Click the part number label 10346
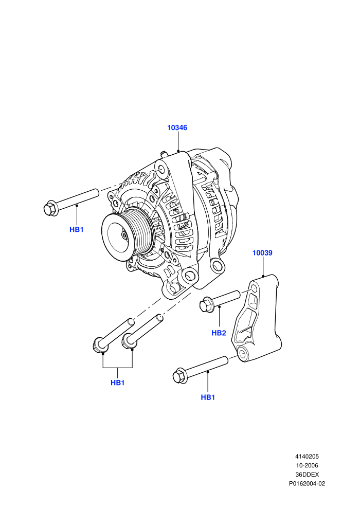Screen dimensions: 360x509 [x=177, y=128]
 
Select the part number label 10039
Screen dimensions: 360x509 [x=263, y=253]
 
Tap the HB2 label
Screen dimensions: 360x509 [x=219, y=333]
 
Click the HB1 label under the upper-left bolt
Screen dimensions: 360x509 [x=77, y=229]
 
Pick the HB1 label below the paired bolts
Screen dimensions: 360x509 [x=117, y=383]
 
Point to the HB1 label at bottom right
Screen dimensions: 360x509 [x=208, y=397]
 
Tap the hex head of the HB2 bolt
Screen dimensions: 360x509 [x=206, y=304]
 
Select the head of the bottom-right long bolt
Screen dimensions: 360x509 [x=180, y=376]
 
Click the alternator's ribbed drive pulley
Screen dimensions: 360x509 [x=124, y=231]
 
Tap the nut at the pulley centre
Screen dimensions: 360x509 [x=124, y=235]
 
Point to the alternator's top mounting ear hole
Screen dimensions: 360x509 [x=161, y=170]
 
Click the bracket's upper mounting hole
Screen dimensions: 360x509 [x=254, y=288]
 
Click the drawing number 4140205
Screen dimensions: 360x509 [x=307, y=457]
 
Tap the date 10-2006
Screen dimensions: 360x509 [x=307, y=465]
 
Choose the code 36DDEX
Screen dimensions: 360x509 [x=307, y=475]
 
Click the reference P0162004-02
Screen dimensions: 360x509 [x=307, y=484]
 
